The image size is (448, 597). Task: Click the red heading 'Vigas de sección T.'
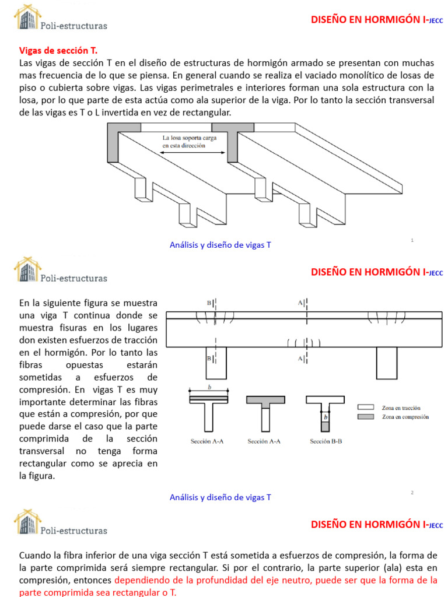[x=55, y=51]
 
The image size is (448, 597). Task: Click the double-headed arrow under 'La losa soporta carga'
[x=192, y=153]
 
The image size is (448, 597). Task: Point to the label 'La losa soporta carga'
[x=188, y=138]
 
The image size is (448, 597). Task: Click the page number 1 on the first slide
[x=412, y=240]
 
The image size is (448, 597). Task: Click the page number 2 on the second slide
[x=412, y=492]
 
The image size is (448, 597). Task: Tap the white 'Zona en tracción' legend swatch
[x=365, y=408]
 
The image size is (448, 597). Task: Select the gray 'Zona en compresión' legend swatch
[x=365, y=417]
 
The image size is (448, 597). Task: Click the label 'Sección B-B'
[x=325, y=441]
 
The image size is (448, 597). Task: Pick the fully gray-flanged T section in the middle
[x=265, y=408]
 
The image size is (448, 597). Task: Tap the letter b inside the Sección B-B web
[x=325, y=417]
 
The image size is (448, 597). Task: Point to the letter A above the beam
[x=301, y=303]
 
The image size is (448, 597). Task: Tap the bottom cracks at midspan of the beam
[x=303, y=342]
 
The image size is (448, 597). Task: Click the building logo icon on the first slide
[x=26, y=19]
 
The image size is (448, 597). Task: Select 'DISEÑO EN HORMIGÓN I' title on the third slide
[x=371, y=525]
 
